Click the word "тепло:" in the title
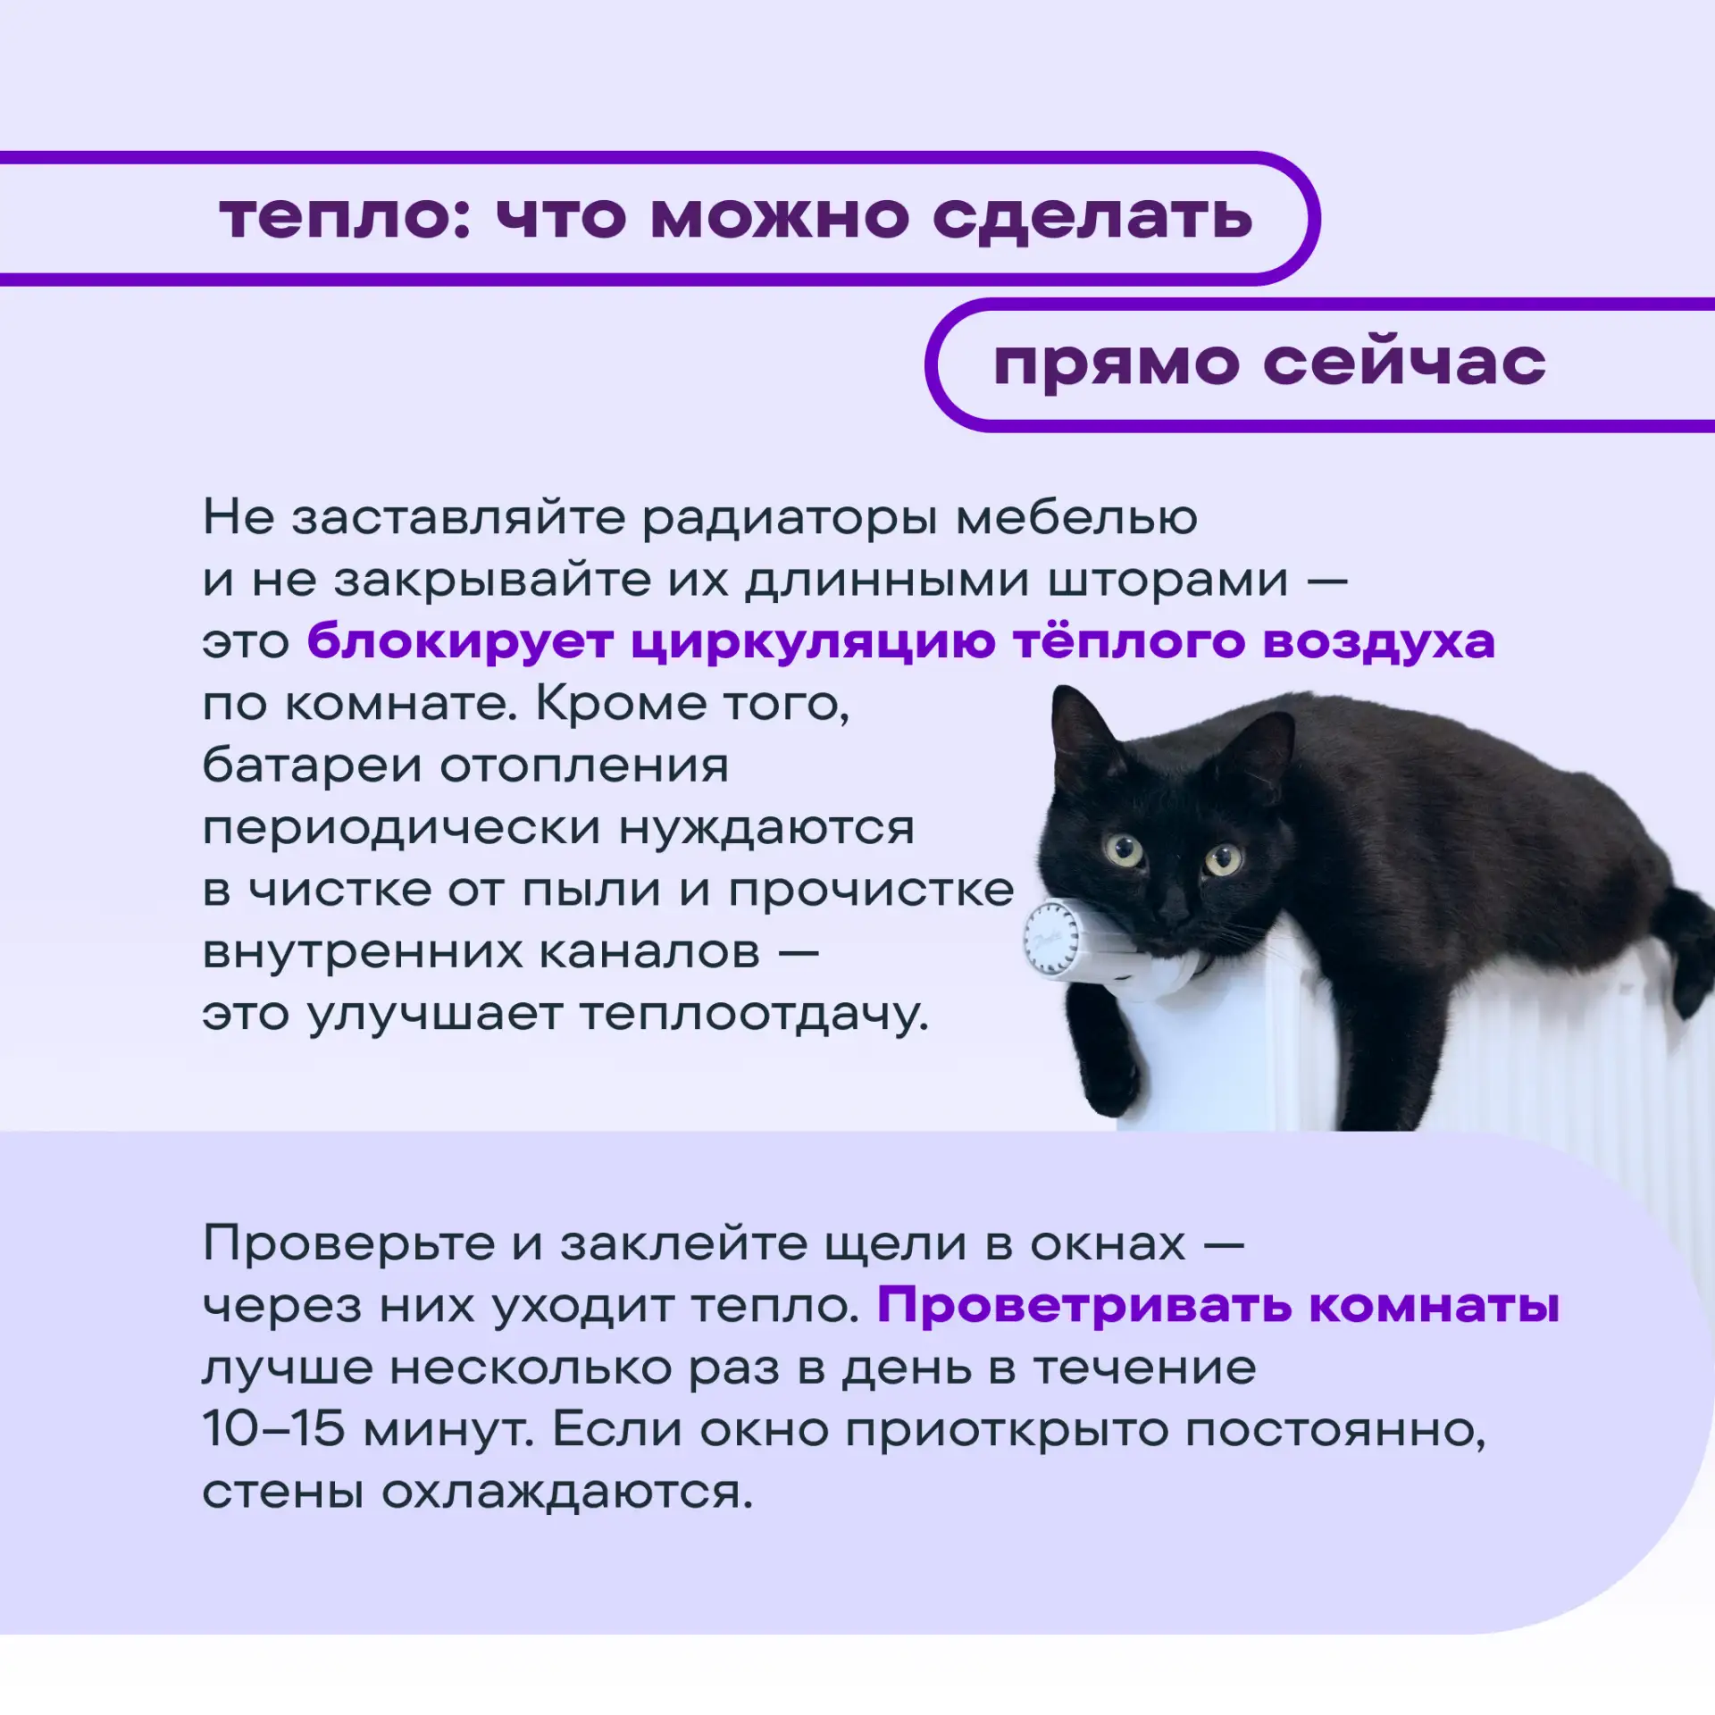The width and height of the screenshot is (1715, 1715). (345, 217)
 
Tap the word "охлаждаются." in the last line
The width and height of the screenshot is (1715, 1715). (568, 1493)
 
